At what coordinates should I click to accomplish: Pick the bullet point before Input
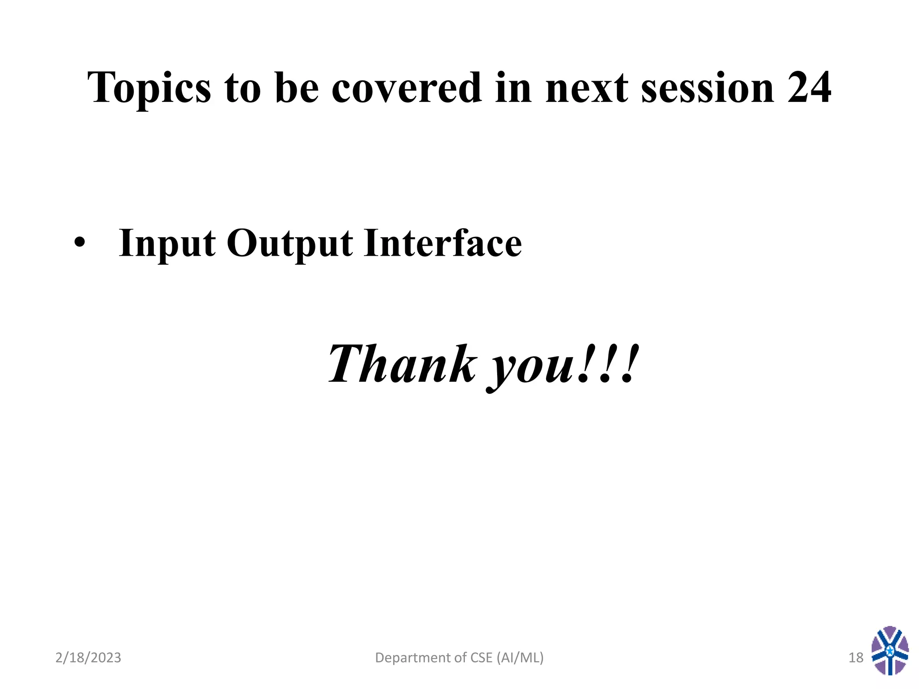point(79,243)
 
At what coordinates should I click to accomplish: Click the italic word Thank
point(402,364)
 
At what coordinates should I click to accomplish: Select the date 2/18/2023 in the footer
point(88,658)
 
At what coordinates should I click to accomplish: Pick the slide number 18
point(856,658)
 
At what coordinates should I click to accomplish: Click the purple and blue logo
point(890,650)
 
